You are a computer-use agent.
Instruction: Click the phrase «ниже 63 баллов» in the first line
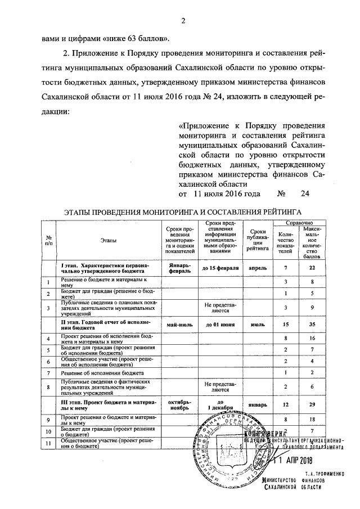point(134,38)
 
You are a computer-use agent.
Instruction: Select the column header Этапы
point(105,240)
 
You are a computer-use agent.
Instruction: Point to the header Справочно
point(296,223)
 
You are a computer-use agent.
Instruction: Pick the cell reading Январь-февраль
point(179,268)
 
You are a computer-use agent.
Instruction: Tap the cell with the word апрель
point(258,268)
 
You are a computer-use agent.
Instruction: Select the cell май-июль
point(179,325)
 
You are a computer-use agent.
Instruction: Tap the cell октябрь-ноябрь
point(179,404)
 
